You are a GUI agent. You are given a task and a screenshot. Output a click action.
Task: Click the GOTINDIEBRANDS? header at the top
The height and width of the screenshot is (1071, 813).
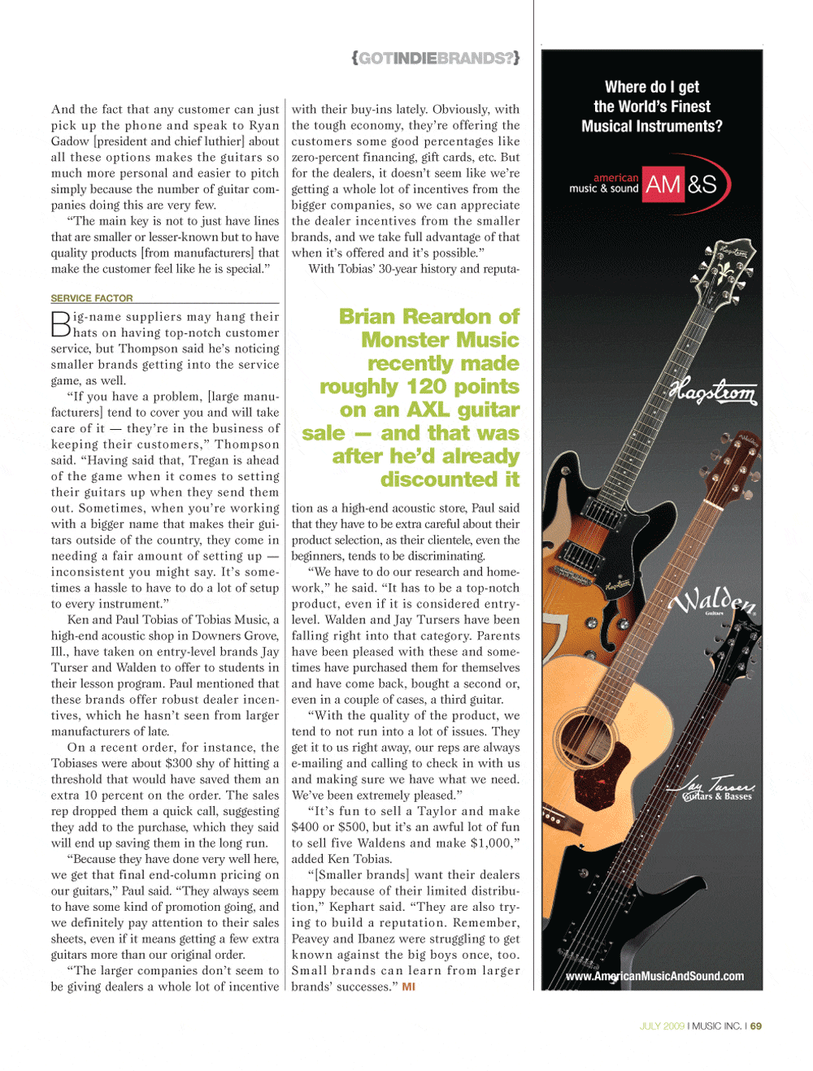click(436, 58)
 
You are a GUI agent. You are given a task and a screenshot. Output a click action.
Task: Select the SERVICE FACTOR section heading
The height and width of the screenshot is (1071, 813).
click(92, 298)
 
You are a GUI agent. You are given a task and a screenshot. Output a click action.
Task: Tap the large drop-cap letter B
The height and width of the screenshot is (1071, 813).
click(61, 324)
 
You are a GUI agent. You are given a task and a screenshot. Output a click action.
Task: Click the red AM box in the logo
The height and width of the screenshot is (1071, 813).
click(663, 185)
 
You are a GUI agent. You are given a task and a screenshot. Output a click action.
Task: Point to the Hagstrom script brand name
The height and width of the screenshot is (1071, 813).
click(713, 393)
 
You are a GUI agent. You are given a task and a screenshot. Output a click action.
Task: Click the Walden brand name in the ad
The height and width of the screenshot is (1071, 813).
click(712, 602)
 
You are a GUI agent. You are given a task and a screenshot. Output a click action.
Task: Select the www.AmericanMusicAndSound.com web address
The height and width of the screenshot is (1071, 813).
click(654, 976)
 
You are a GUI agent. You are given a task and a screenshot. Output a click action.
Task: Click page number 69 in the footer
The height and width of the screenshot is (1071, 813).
click(756, 1026)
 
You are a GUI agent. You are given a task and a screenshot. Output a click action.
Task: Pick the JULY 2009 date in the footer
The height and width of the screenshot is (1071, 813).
click(662, 1026)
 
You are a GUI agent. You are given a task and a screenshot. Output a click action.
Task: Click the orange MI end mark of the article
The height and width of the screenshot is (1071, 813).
click(408, 987)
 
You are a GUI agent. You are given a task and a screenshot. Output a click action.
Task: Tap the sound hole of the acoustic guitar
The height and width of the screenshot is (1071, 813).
click(582, 733)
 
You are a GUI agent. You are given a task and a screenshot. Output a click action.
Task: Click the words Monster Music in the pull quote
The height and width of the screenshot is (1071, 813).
click(440, 340)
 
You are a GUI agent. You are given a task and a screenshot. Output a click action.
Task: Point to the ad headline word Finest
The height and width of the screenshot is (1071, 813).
click(691, 106)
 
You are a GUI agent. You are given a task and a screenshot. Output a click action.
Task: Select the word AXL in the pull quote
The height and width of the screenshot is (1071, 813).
click(428, 410)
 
